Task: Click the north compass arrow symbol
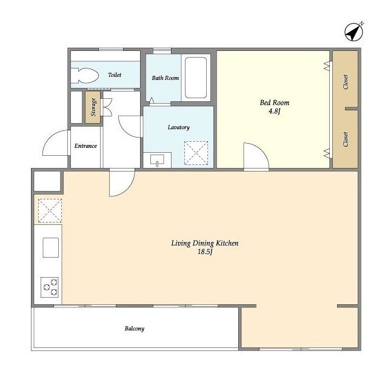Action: point(354,32)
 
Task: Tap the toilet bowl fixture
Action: point(85,75)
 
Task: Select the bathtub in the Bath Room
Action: point(195,78)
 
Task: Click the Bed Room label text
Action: point(275,102)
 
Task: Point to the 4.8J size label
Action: point(275,111)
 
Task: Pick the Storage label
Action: point(93,107)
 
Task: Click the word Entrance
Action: point(85,146)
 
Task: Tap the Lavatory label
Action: point(179,127)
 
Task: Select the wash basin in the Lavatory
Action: point(157,160)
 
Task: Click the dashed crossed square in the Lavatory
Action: point(196,153)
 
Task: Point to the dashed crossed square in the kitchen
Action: point(50,210)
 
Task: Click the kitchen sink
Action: point(51,247)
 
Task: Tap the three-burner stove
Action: point(50,287)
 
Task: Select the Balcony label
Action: point(135,329)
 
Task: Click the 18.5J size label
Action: point(205,252)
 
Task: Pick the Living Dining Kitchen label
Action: point(205,243)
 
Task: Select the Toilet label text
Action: point(115,75)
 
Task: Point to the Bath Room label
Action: point(166,78)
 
